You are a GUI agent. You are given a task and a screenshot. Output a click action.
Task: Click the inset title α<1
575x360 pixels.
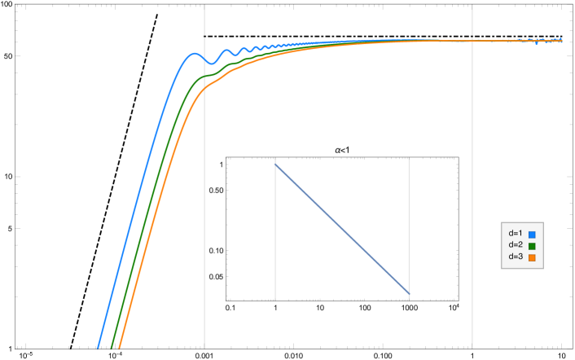click(x=342, y=150)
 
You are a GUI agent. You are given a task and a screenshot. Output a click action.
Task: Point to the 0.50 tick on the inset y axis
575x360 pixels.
click(x=215, y=190)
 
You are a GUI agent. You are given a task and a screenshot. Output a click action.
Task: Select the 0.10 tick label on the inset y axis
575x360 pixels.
click(x=215, y=250)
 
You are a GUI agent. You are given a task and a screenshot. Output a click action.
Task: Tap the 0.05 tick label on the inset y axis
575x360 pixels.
click(x=215, y=277)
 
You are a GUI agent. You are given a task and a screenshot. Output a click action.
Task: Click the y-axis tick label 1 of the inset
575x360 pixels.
click(x=221, y=165)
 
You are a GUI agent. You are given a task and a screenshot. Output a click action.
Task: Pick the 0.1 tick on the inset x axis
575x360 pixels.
click(x=230, y=308)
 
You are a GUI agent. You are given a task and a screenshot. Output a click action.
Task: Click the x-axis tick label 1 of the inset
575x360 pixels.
click(x=275, y=308)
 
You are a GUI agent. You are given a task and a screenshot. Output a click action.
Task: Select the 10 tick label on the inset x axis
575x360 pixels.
click(x=320, y=308)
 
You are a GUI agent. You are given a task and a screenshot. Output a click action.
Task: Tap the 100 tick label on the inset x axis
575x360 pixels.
click(x=364, y=308)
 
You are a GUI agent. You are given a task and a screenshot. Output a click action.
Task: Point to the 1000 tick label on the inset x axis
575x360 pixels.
click(x=409, y=308)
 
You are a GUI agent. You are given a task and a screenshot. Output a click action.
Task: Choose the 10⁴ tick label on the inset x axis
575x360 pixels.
click(x=453, y=307)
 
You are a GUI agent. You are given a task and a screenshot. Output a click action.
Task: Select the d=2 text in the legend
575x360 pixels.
click(x=515, y=245)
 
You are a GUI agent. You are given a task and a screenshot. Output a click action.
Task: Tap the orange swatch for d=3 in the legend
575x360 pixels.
click(x=532, y=257)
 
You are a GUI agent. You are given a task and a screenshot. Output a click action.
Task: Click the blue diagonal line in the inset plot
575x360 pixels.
click(x=342, y=229)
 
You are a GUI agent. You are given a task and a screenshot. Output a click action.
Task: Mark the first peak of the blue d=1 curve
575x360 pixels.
click(x=194, y=55)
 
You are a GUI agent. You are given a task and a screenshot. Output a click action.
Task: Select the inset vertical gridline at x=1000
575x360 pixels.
click(x=409, y=204)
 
